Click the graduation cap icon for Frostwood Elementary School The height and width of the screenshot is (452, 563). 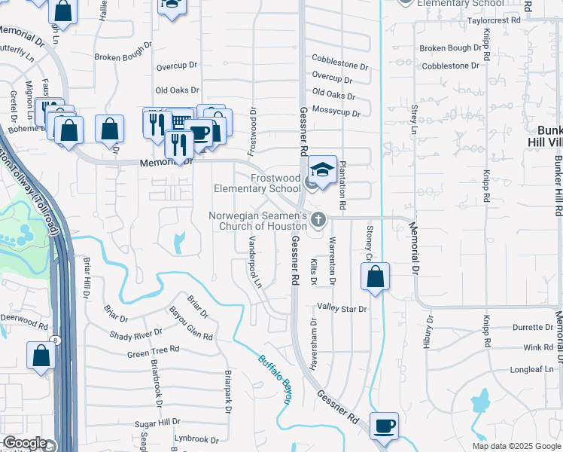click(322, 169)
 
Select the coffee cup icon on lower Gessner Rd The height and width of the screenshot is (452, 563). click(384, 426)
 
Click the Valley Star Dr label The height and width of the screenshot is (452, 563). click(341, 309)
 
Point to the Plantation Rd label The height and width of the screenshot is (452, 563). click(342, 185)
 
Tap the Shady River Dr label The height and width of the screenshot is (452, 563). click(136, 334)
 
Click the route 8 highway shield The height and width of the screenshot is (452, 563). click(54, 341)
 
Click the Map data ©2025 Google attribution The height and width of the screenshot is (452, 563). click(516, 446)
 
